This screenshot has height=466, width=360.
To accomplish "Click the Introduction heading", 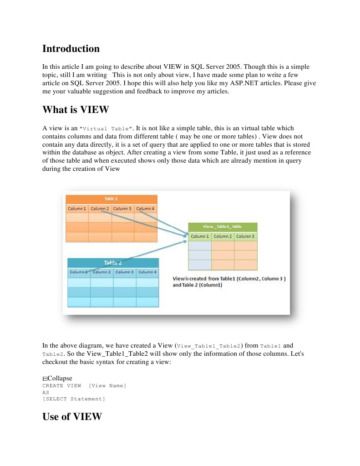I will pyautogui.click(x=71, y=49).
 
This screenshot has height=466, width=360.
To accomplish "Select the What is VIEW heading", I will pyautogui.click(x=76, y=110).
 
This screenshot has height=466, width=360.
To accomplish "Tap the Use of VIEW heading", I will pyautogui.click(x=72, y=416).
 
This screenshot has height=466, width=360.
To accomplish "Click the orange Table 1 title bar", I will pyautogui.click(x=112, y=199).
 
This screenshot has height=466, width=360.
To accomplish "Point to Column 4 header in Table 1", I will pyautogui.click(x=146, y=209).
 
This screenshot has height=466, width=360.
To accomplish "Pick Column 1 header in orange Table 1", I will pyautogui.click(x=77, y=209).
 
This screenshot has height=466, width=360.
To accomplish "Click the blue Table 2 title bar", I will pyautogui.click(x=113, y=262).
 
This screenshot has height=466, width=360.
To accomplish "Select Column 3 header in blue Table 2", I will pyautogui.click(x=124, y=272).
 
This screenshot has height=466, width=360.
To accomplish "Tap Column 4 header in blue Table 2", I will pyautogui.click(x=147, y=272).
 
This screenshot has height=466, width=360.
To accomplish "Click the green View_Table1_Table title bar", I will pyautogui.click(x=223, y=226).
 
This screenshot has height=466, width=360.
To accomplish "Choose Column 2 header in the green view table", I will pyautogui.click(x=223, y=236).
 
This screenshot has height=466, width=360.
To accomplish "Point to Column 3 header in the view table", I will pyautogui.click(x=245, y=236).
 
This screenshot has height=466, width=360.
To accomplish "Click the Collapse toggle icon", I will pyautogui.click(x=45, y=379).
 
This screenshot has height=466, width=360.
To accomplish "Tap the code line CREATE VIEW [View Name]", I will pyautogui.click(x=84, y=386).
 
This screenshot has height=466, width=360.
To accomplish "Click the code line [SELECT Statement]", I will pyautogui.click(x=73, y=399).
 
